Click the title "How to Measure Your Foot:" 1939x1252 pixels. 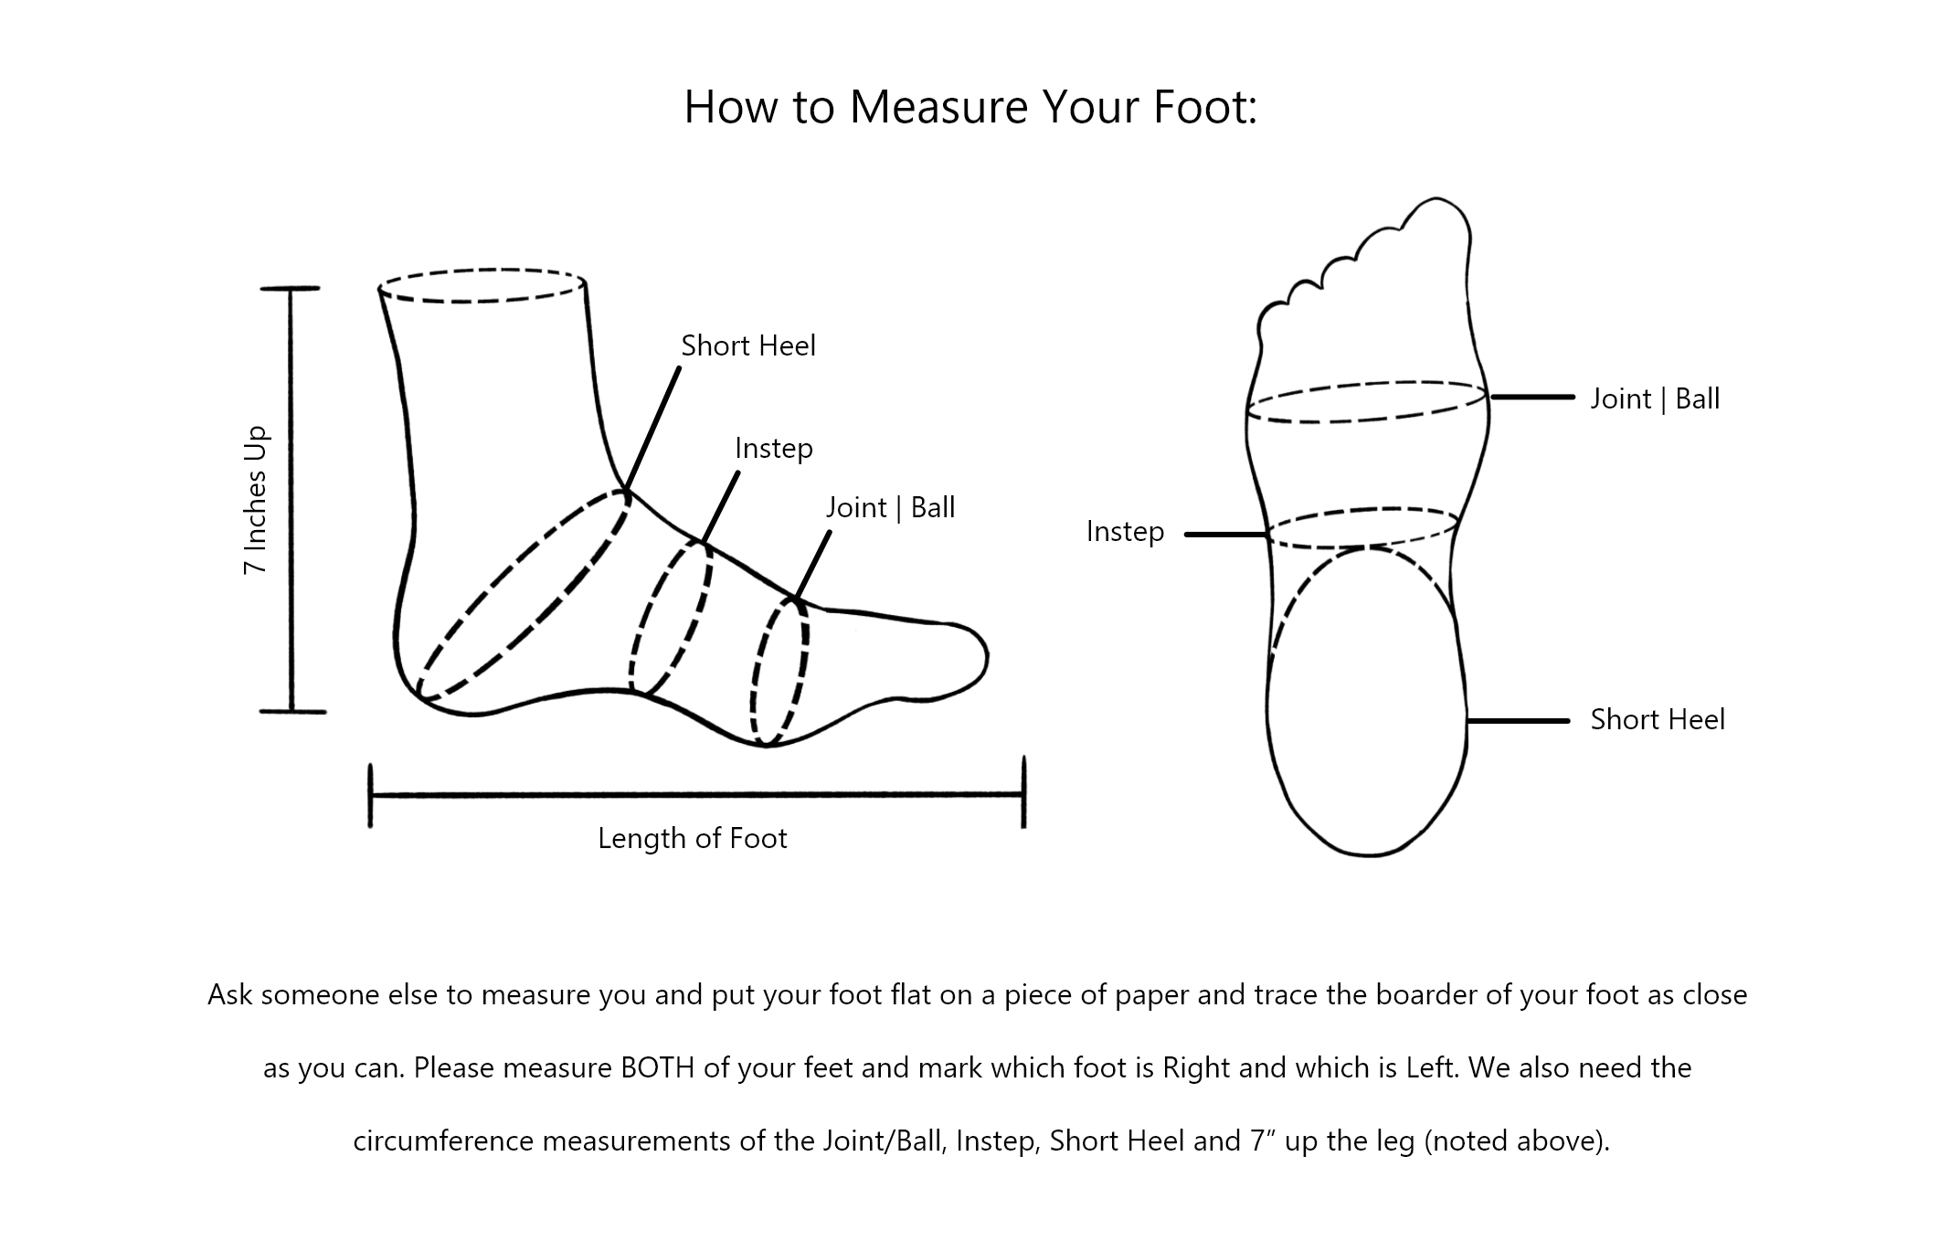point(970,107)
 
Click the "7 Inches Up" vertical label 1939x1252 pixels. point(256,500)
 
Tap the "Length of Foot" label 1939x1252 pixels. point(693,838)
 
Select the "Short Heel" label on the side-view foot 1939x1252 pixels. point(748,345)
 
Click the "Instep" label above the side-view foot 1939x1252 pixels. point(774,449)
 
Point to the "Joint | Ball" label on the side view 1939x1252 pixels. point(891,507)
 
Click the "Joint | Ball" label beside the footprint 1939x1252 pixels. point(1655,398)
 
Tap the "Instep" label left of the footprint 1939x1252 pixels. point(1125,532)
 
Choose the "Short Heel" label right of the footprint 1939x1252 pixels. point(1658,719)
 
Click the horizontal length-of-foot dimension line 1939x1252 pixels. point(696,795)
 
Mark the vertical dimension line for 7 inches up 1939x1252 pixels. point(291,500)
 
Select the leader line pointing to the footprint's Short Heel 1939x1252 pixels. point(1518,721)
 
